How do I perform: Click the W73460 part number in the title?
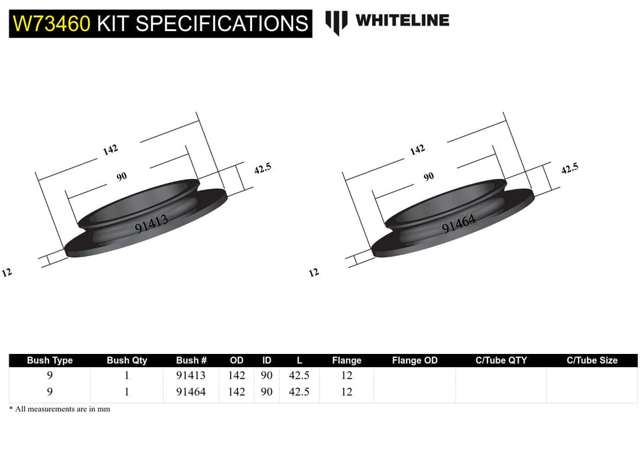click(52, 23)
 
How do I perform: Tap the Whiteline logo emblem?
click(336, 22)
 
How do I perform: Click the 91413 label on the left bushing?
click(151, 222)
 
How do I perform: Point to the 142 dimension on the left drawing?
click(110, 150)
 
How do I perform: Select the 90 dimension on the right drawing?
click(428, 176)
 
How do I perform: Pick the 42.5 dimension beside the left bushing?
click(263, 168)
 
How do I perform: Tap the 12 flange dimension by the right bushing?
click(314, 272)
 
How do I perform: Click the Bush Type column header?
click(50, 361)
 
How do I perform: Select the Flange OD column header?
click(415, 361)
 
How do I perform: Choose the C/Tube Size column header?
click(592, 361)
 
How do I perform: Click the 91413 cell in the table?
click(191, 375)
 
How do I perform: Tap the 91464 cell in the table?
click(191, 392)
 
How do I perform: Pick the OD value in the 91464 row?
click(236, 392)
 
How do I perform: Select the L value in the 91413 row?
click(299, 375)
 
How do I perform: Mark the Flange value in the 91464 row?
click(346, 392)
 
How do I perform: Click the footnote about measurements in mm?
click(60, 409)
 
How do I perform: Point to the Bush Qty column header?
click(127, 361)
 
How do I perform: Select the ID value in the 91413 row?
click(267, 375)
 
